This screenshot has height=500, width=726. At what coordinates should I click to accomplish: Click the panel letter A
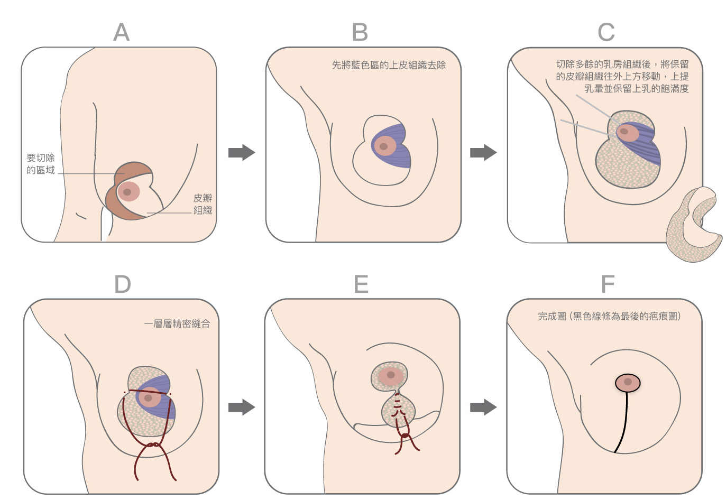pos(122,33)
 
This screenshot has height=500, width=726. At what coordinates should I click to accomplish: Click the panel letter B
pos(360,33)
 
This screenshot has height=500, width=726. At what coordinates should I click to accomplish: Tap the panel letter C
pos(606,33)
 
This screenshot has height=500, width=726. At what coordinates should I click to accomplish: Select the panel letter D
pos(123,285)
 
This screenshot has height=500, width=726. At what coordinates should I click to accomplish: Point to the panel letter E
pos(361,285)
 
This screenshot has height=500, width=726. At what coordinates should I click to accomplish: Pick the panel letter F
pos(608,285)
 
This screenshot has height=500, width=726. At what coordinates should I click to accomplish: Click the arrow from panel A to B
pos(242,153)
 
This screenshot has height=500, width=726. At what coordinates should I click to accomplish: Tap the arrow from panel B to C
pos(483,153)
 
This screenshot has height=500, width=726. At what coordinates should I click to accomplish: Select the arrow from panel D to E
pos(242,408)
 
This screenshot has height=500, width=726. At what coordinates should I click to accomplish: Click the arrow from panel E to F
pos(483,408)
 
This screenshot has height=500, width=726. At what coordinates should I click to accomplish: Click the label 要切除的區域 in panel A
pos(41,164)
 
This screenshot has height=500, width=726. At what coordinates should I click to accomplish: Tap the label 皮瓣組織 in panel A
pos(203,204)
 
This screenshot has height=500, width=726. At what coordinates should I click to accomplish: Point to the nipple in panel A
pos(127,192)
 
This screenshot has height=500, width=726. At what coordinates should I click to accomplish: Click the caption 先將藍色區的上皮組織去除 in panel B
pos(389,65)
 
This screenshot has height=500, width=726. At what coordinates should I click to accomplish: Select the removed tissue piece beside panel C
pos(693,227)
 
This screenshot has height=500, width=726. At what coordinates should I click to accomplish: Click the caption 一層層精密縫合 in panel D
pos(177,323)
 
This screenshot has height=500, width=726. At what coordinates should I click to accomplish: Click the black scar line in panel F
pos(624,423)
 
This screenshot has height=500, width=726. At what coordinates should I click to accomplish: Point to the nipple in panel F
pos(628,382)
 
